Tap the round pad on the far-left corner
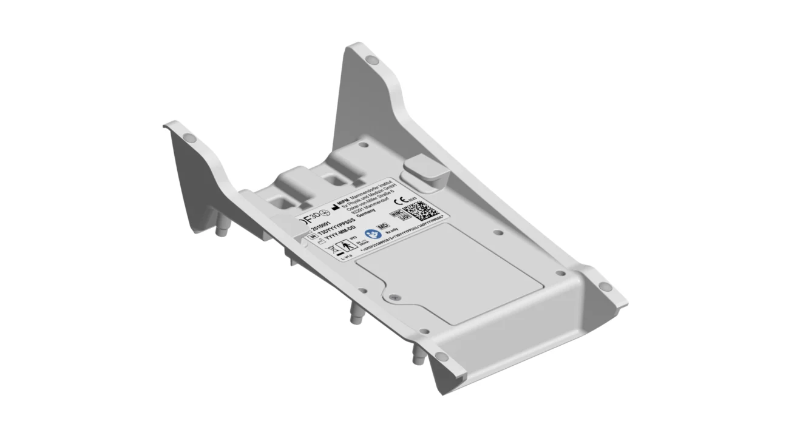pyautogui.click(x=189, y=138)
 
